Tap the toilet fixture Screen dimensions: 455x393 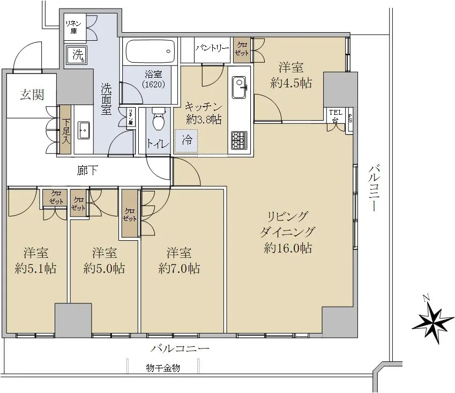(159, 120)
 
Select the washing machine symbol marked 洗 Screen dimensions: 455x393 (76, 55)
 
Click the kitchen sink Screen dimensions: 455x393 (240, 87)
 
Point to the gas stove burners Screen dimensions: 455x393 (239, 140)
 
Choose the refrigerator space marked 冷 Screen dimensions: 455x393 (187, 141)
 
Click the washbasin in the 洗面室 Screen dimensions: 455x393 (84, 131)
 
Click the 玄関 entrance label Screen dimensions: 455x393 (32, 94)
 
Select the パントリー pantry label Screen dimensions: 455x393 (212, 48)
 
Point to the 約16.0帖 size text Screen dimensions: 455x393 (288, 248)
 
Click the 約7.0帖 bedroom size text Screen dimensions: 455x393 (179, 269)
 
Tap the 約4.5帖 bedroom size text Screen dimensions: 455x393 (291, 83)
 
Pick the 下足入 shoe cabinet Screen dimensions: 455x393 (65, 129)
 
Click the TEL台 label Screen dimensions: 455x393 (335, 115)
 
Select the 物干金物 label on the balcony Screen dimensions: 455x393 (163, 368)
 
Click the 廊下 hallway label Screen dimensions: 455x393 (87, 170)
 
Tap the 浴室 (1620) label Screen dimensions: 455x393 (153, 79)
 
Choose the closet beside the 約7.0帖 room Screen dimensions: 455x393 (130, 213)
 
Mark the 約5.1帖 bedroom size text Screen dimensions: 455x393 (36, 269)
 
